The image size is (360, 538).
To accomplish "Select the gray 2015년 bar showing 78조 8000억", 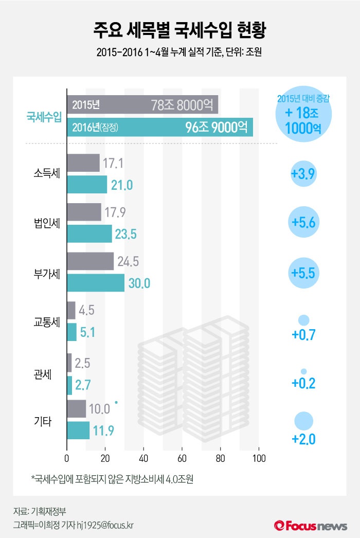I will (x=142, y=104).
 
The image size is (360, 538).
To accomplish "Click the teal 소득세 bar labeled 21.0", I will (x=87, y=184).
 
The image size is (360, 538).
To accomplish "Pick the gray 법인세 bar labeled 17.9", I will (x=84, y=212).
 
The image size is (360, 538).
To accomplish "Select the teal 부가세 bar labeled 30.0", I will (x=96, y=282).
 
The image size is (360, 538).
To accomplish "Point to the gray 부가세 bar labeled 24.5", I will (x=90, y=261).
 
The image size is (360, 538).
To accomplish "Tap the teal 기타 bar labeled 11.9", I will (x=78, y=431).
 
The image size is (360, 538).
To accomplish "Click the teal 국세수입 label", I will (x=44, y=117).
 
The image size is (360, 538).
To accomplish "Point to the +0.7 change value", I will (x=303, y=335).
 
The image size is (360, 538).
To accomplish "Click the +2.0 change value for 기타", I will (x=303, y=439).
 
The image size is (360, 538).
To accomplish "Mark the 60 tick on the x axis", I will (x=182, y=459).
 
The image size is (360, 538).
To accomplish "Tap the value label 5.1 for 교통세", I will (x=88, y=333).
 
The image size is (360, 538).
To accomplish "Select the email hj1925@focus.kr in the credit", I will (x=116, y=525).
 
